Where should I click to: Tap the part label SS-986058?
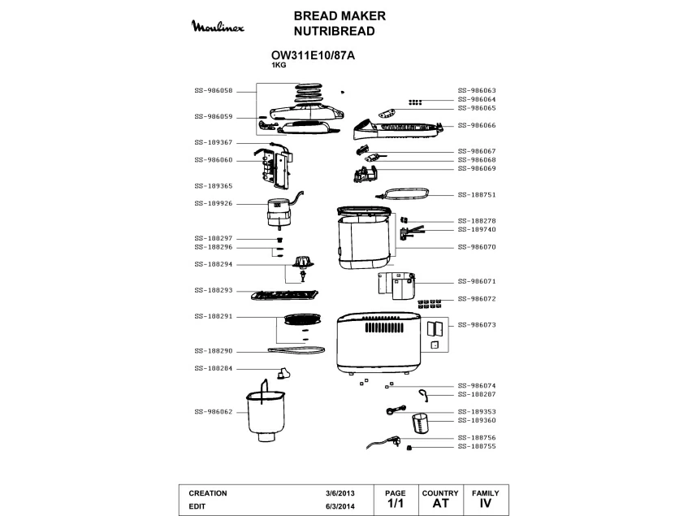(x=214, y=90)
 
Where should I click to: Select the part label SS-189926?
(x=214, y=203)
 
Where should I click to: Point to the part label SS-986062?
(x=214, y=412)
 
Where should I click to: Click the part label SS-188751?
(x=477, y=195)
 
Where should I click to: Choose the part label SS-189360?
(x=477, y=421)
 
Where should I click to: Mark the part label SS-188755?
(x=477, y=447)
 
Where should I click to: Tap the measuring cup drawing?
(x=421, y=423)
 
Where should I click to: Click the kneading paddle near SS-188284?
(x=283, y=373)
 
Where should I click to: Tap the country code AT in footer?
(x=440, y=504)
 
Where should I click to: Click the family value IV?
(x=486, y=504)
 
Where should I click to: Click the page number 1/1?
(x=395, y=504)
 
